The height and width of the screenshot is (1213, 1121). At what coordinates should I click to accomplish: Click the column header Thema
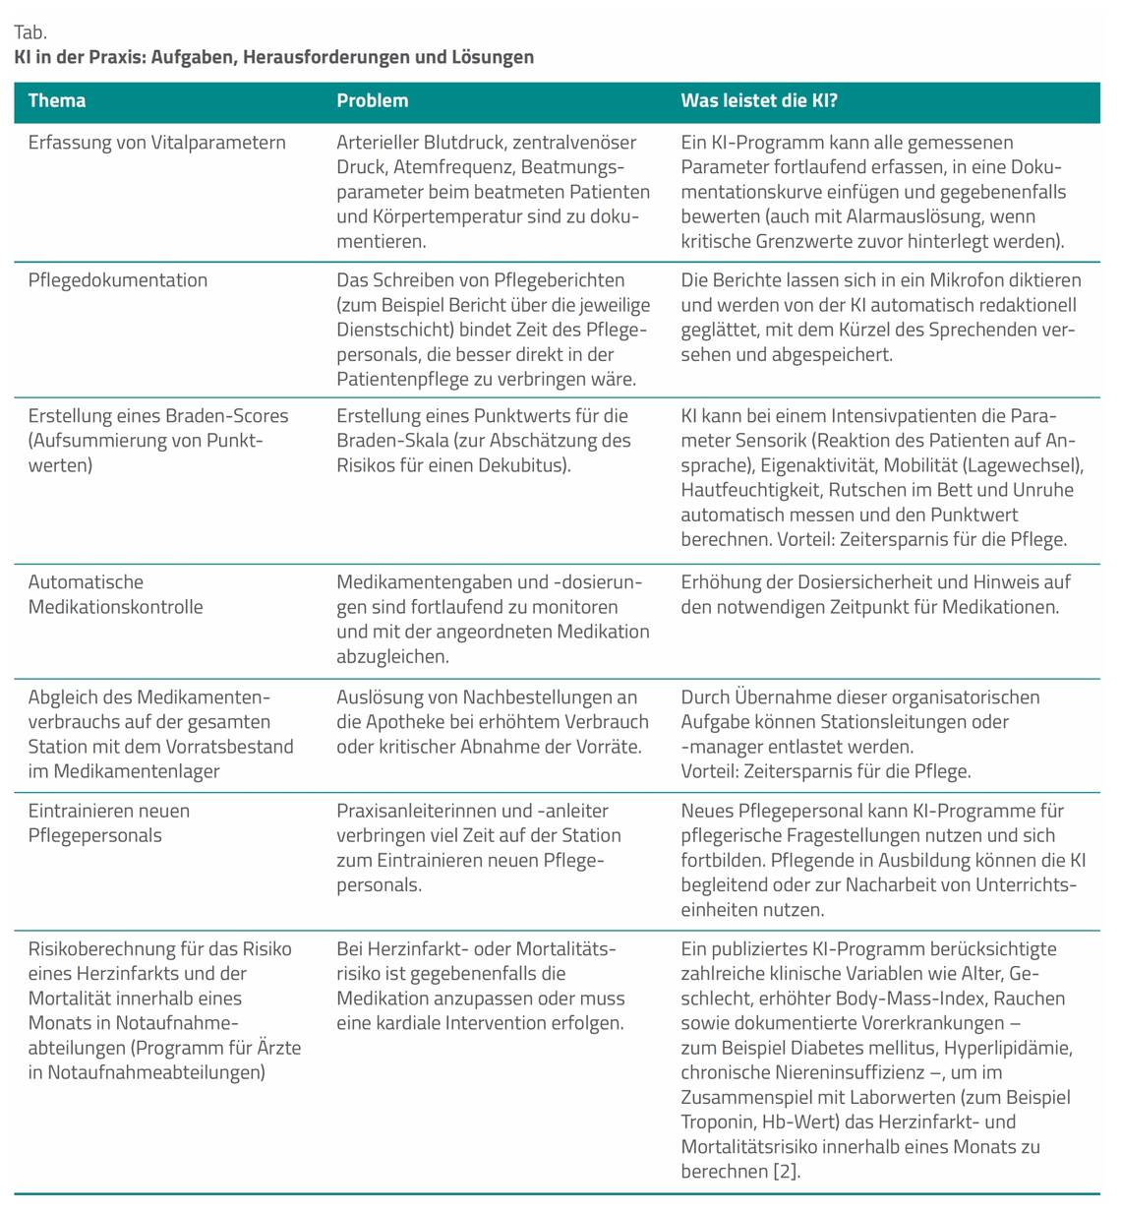point(57,100)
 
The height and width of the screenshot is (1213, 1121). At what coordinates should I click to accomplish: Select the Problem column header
point(372,100)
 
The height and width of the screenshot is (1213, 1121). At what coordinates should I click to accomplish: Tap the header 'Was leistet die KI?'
point(759,100)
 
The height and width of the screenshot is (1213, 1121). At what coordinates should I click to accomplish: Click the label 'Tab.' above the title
point(29,32)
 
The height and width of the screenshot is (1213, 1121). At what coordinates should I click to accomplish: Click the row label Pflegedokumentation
point(118,280)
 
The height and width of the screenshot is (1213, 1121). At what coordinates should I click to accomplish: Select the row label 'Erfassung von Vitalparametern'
point(157,143)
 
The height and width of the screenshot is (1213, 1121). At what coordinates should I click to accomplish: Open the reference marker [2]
point(786,1172)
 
